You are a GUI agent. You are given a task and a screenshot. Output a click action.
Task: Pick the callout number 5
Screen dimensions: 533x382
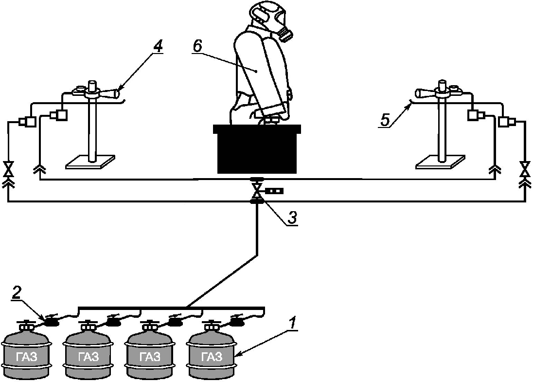pyautogui.click(x=385, y=120)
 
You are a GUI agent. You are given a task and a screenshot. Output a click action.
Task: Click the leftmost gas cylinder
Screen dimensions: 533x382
pyautogui.click(x=27, y=350)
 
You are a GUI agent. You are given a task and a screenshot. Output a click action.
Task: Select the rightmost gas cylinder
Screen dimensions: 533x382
pyautogui.click(x=211, y=350)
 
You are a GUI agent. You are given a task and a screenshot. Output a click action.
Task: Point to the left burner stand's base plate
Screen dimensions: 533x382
pyautogui.click(x=90, y=162)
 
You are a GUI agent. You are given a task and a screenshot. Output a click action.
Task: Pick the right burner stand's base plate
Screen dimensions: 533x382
pyautogui.click(x=441, y=162)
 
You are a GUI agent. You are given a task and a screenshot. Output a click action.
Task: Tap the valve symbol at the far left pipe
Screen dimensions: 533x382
pyautogui.click(x=7, y=169)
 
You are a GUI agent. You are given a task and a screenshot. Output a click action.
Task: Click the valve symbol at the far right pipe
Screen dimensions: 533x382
pyautogui.click(x=526, y=169)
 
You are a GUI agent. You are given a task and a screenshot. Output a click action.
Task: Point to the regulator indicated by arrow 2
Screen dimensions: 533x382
pyautogui.click(x=51, y=321)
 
